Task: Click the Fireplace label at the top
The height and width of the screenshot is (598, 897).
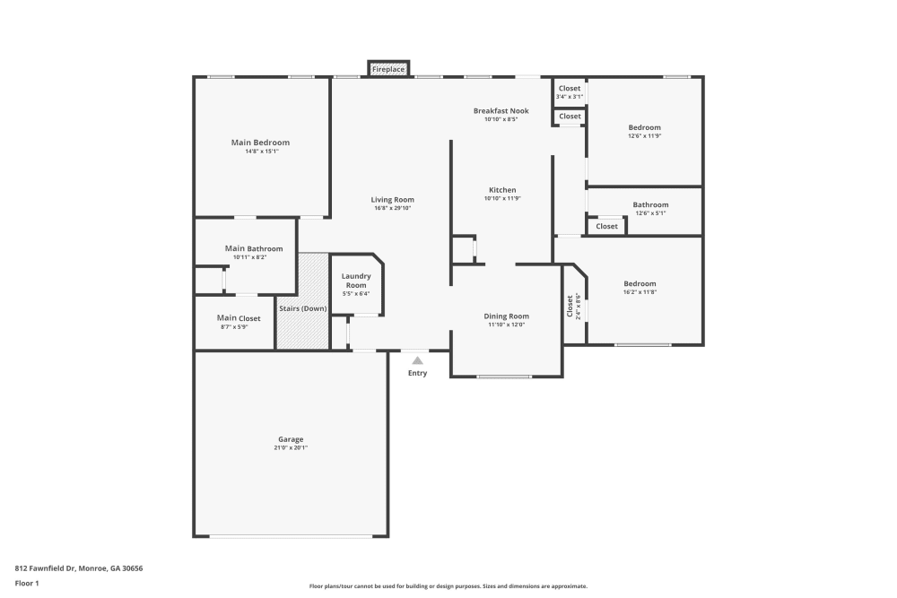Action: [388, 69]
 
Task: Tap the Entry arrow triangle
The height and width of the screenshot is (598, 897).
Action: [417, 360]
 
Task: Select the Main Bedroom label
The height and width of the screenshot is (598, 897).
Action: [260, 143]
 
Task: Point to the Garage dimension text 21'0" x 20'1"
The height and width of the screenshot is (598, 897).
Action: [291, 448]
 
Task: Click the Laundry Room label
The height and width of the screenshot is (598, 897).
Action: [356, 281]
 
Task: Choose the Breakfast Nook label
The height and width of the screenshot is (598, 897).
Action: [501, 111]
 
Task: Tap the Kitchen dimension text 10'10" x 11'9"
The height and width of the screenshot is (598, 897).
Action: [502, 199]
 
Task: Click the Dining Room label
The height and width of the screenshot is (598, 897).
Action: [507, 316]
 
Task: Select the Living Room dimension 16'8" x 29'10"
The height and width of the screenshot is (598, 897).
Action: [393, 209]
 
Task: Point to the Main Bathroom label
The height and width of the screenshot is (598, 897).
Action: [254, 248]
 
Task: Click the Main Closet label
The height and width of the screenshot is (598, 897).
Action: [239, 318]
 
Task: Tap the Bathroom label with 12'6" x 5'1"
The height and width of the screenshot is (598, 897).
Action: [650, 204]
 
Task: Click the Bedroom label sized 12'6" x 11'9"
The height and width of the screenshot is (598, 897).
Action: [644, 127]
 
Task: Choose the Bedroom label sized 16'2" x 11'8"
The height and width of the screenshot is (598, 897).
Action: [640, 283]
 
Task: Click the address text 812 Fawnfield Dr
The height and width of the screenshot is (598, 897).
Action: [79, 568]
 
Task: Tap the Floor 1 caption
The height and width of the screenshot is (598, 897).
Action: [27, 583]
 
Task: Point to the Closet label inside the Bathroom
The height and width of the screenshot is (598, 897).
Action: [606, 226]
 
